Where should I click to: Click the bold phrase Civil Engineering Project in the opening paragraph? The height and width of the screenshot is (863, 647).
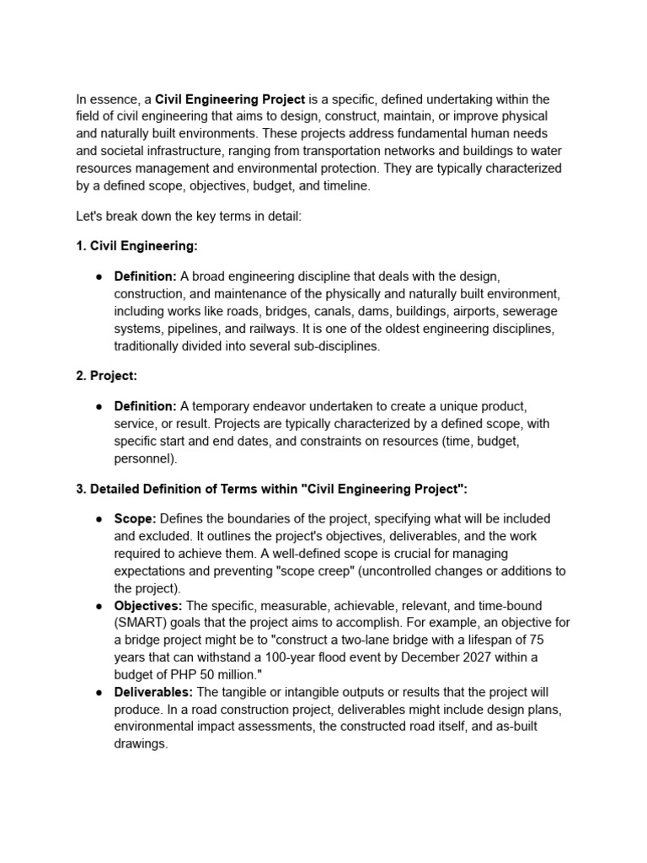[230, 99]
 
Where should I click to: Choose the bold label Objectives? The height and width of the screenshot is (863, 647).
[148, 606]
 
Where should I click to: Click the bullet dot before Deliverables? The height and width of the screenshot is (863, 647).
[98, 693]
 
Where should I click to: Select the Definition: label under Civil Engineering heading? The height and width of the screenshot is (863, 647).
[145, 276]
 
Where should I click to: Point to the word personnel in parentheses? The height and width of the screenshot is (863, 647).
[144, 459]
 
